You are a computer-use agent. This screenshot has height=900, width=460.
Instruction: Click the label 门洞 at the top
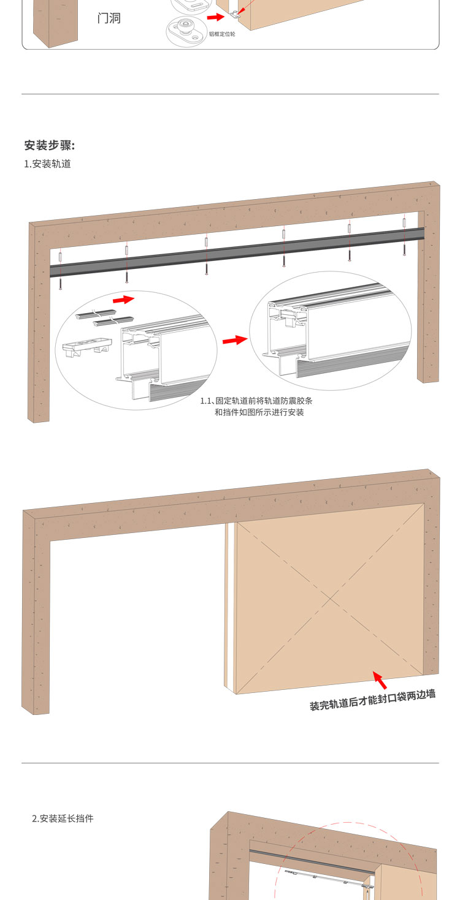click(x=109, y=18)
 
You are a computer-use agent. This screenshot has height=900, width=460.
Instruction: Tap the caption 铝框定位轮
click(x=222, y=34)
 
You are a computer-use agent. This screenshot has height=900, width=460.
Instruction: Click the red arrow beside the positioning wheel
click(x=215, y=18)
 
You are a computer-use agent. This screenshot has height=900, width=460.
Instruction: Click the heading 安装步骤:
click(x=50, y=146)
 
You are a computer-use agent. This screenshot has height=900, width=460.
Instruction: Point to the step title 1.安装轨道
click(x=47, y=164)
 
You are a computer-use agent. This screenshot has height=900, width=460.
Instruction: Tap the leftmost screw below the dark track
click(x=61, y=283)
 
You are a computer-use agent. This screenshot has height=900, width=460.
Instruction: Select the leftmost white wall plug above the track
click(x=60, y=255)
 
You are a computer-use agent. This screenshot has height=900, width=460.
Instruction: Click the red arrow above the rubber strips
click(x=125, y=300)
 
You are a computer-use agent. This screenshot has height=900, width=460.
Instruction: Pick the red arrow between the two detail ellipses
click(x=234, y=340)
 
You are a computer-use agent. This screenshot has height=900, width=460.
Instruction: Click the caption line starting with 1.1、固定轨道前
click(x=260, y=401)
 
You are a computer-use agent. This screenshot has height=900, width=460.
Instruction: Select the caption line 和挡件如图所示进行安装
click(x=259, y=412)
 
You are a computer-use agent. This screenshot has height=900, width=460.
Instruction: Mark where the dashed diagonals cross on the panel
click(x=330, y=597)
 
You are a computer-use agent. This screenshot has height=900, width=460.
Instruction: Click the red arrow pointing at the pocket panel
click(x=381, y=679)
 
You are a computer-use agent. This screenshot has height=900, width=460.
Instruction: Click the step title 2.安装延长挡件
click(x=63, y=819)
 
